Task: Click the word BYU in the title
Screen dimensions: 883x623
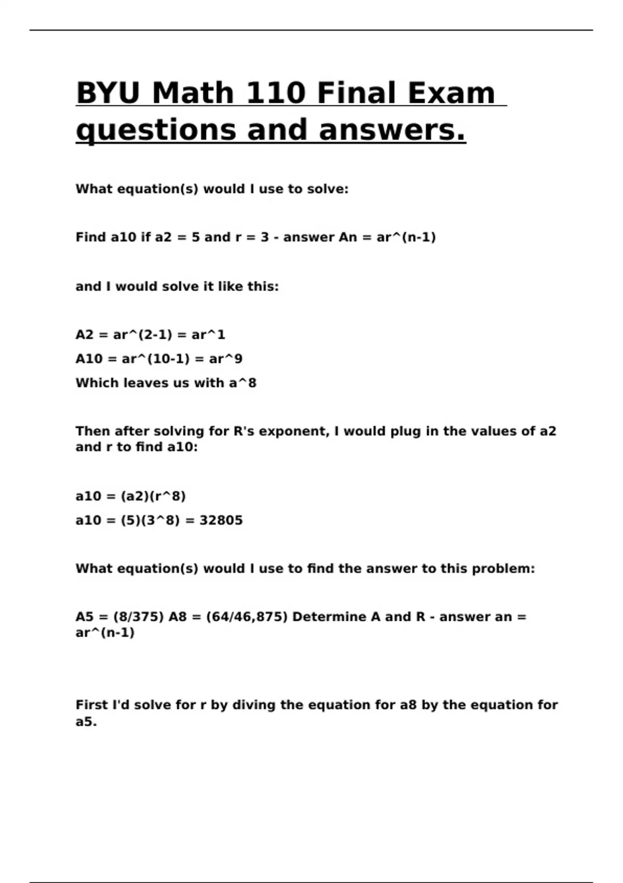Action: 108,93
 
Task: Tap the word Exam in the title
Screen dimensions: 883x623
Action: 451,93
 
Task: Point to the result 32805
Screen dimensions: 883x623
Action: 221,520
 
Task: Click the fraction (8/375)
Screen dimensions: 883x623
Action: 138,617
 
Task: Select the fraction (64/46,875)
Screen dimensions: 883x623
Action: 247,617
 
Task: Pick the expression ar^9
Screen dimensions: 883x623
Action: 226,359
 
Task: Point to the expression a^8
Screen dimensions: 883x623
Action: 243,383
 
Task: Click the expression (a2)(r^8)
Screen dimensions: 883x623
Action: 153,497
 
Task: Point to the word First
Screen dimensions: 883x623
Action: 92,705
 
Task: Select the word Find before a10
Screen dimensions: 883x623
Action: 91,237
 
